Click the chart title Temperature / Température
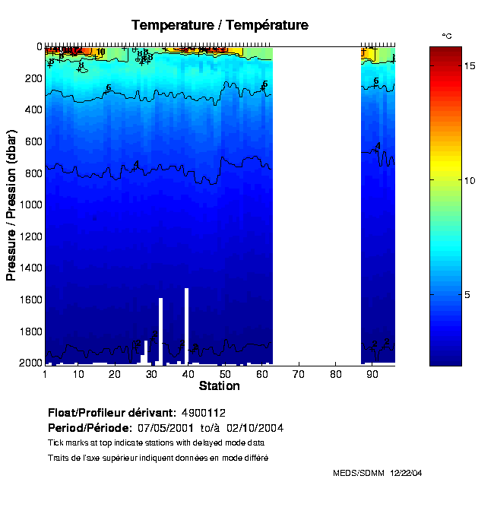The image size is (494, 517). [x=220, y=25]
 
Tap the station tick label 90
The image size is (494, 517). [x=372, y=374]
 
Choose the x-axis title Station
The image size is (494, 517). [x=219, y=386]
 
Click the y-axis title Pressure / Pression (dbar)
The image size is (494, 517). [x=11, y=205]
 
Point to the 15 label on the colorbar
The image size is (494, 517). [x=470, y=66]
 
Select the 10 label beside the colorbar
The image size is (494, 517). [x=470, y=180]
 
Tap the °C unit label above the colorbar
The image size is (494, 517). [x=448, y=36]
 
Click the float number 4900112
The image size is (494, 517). [x=204, y=413]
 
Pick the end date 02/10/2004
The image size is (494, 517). [x=258, y=428]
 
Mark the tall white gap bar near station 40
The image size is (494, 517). [x=186, y=319]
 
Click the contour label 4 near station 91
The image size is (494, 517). [x=377, y=146]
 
